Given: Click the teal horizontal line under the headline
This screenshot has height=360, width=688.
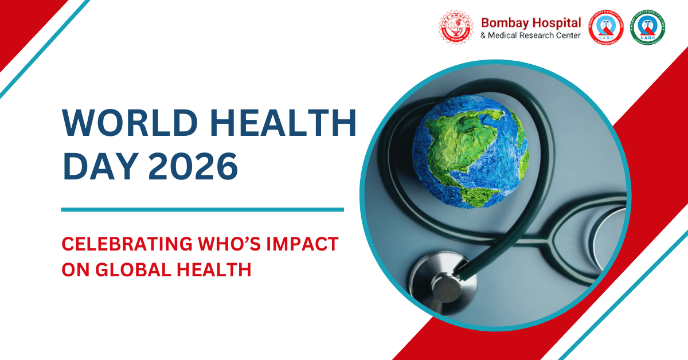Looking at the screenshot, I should point(202,210).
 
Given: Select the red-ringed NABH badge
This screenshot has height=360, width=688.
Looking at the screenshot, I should point(605,28).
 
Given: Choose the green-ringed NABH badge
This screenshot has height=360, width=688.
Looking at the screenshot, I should point(647,28).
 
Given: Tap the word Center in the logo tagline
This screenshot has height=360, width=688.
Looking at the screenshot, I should point(568,36).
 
